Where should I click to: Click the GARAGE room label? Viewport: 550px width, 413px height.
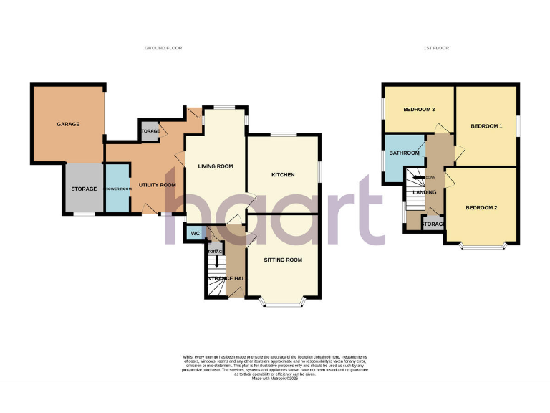(x=68, y=125)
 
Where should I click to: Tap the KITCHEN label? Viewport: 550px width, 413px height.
(x=283, y=175)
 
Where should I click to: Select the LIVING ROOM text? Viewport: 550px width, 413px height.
(x=216, y=166)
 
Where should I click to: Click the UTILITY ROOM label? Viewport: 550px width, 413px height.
(x=157, y=185)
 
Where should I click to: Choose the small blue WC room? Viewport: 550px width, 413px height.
(x=194, y=233)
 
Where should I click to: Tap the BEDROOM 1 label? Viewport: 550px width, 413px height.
(x=486, y=126)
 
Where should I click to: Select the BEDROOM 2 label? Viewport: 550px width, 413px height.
(x=481, y=208)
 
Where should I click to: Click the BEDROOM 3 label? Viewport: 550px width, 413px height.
(x=419, y=110)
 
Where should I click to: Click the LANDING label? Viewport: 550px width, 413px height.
(x=425, y=192)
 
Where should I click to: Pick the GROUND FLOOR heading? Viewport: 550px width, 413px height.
(x=163, y=48)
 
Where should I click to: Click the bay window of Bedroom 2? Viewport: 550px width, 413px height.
(x=483, y=246)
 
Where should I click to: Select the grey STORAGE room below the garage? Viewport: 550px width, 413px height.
(x=84, y=189)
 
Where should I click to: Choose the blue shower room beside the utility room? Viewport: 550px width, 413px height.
(x=117, y=189)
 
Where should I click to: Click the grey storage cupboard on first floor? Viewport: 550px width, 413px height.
(x=433, y=224)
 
